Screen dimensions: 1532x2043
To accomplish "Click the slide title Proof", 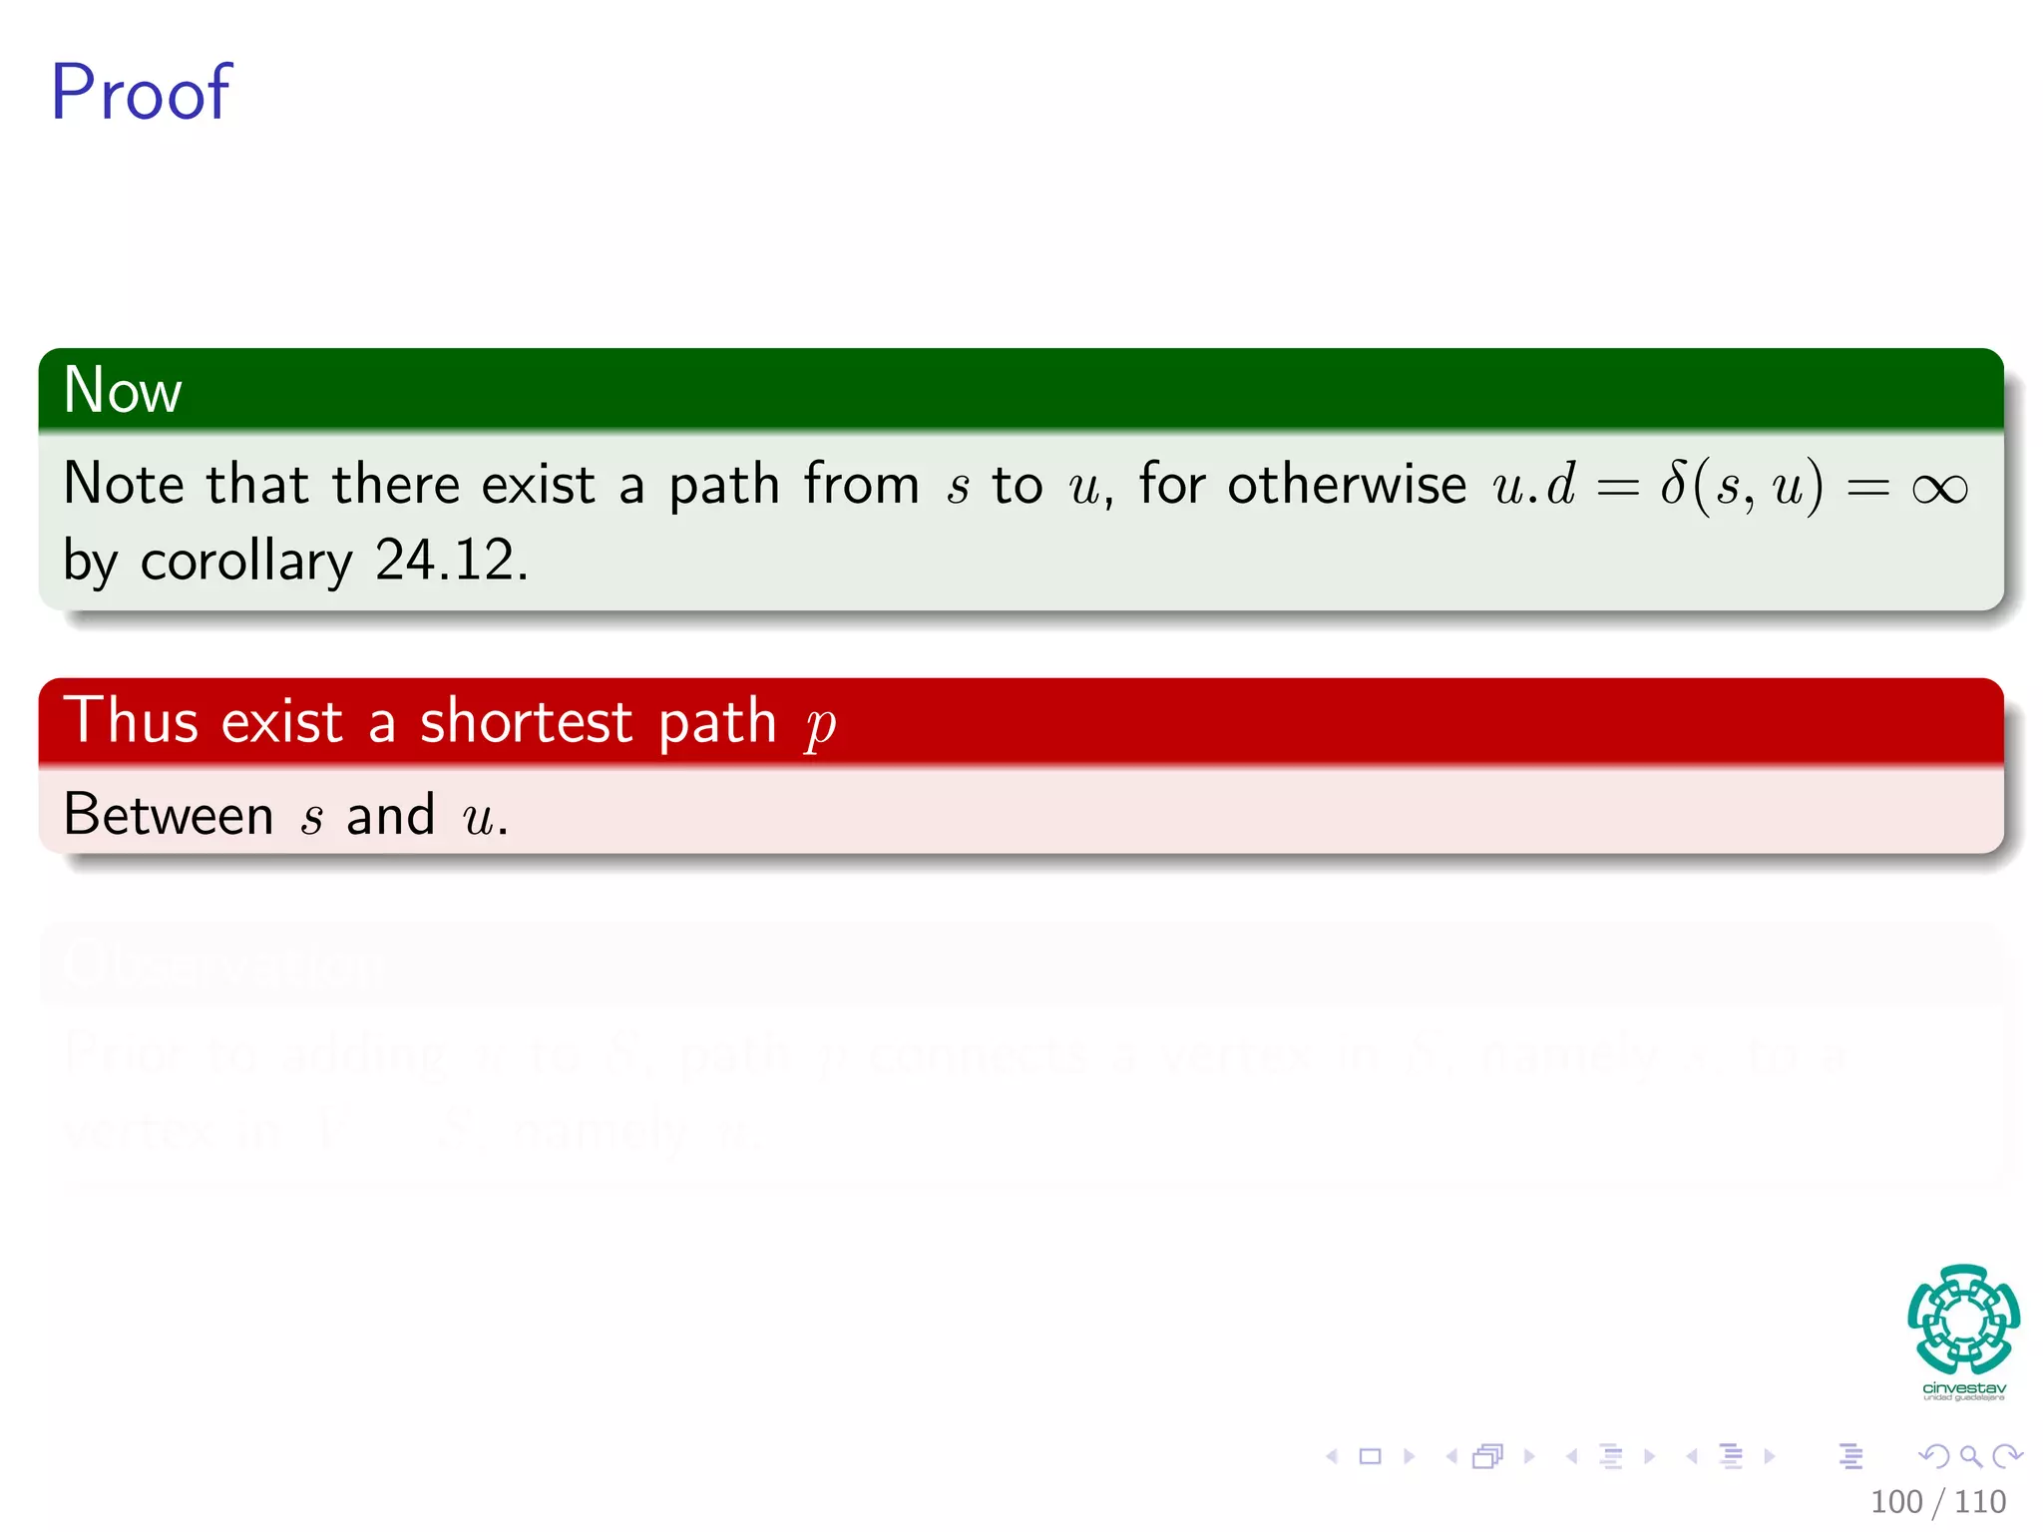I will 141,93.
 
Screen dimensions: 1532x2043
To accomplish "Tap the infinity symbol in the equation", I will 1939,488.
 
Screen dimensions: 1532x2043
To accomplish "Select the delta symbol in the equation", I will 1673,484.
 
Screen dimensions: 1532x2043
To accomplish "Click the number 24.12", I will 451,560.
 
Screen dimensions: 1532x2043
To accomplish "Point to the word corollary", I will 246,561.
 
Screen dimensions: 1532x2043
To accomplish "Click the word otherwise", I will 1347,485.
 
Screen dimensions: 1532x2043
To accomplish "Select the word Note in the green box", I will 124,485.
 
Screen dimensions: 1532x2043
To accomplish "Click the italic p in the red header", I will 820,725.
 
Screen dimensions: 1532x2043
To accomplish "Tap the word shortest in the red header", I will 526,721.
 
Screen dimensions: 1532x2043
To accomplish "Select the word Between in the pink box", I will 168,815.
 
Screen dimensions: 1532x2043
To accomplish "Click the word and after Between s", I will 390,815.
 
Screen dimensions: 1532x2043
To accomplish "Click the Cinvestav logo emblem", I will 1963,1319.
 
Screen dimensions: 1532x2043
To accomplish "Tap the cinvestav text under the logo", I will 1963,1388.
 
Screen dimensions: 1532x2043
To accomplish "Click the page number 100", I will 1895,1502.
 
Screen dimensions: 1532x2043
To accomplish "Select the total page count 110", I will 1979,1502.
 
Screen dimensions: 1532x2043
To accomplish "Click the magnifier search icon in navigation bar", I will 1970,1456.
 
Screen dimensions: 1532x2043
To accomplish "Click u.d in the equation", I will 1533,485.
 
